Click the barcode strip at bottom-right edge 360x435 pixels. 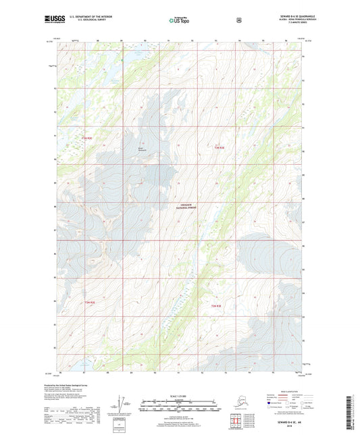click(x=354, y=412)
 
